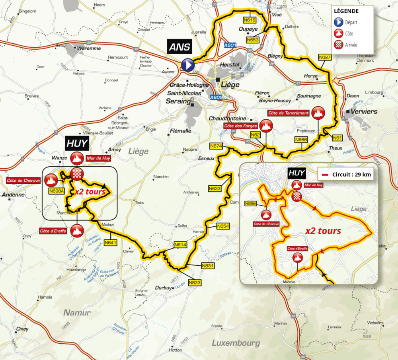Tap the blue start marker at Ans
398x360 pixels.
click(187, 64)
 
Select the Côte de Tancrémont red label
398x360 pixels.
click(289, 113)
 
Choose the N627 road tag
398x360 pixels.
click(324, 58)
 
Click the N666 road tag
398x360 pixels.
click(301, 139)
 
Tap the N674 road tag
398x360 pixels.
click(216, 146)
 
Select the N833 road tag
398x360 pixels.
click(195, 282)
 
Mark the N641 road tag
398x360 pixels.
click(110, 242)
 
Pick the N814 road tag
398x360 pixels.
click(180, 245)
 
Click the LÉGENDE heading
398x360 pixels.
click(346, 12)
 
